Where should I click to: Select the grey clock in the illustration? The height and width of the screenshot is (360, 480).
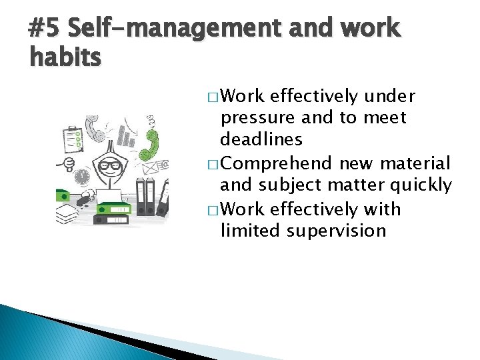click(81, 177)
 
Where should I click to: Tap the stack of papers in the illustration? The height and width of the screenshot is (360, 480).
click(67, 213)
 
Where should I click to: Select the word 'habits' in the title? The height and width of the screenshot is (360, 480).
click(65, 58)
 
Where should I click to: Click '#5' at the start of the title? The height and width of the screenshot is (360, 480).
click(45, 29)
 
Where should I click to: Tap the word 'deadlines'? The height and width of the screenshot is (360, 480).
click(261, 140)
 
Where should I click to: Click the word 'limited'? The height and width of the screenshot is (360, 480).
click(251, 231)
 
